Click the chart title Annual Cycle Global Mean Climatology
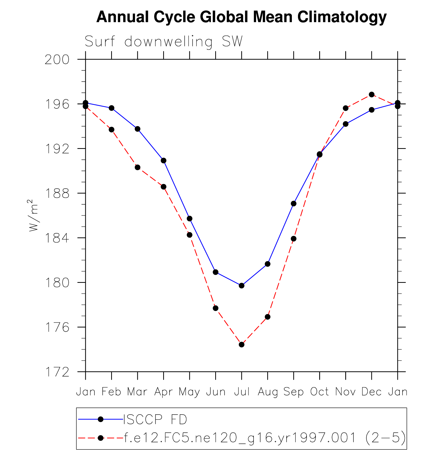241,17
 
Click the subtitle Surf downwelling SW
164,41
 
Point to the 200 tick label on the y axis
57,60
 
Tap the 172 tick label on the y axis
57,372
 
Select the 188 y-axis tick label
57,194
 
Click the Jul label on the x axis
242,392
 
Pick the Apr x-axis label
163,392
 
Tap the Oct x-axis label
319,392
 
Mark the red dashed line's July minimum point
242,344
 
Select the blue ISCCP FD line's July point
242,286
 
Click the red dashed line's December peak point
372,95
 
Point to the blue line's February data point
111,108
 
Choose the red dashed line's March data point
138,167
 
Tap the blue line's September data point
294,204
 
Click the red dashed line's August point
268,317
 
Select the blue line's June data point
215,272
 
